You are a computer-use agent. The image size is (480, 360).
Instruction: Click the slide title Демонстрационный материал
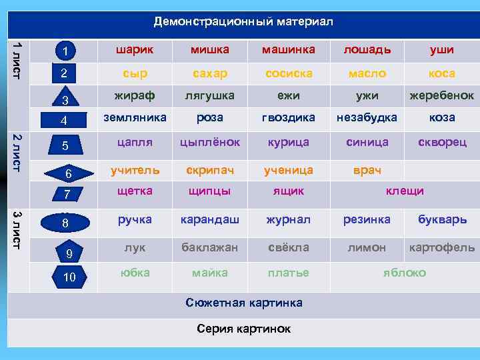pyautogui.click(x=243, y=22)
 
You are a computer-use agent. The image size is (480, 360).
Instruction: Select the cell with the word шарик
pyautogui.click(x=134, y=49)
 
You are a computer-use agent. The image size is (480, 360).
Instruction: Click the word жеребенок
pyautogui.click(x=442, y=95)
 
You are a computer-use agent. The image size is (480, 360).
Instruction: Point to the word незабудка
pyautogui.click(x=367, y=117)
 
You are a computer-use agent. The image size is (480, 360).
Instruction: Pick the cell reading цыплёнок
pyautogui.click(x=209, y=142)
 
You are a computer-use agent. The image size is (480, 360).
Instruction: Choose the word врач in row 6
pyautogui.click(x=367, y=170)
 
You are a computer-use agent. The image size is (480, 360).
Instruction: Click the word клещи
pyautogui.click(x=405, y=191)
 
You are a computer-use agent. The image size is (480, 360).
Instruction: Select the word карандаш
pyautogui.click(x=209, y=219)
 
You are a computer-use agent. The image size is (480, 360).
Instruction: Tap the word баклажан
pyautogui.click(x=209, y=247)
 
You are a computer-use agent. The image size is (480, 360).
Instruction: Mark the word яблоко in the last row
pyautogui.click(x=405, y=273)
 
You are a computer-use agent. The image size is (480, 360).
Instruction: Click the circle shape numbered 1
pyautogui.click(x=65, y=51)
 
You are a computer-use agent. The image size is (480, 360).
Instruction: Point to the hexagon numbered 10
pyautogui.click(x=69, y=277)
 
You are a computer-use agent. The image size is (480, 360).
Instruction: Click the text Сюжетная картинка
pyautogui.click(x=243, y=303)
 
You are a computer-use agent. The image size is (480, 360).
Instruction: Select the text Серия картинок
pyautogui.click(x=243, y=329)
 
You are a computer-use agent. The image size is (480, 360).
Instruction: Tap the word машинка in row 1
pyautogui.click(x=287, y=49)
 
